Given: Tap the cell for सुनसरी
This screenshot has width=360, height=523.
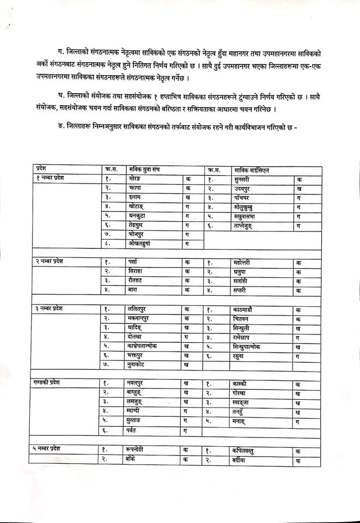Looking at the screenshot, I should point(243,179).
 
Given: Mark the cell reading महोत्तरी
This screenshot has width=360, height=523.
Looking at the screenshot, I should point(243,263).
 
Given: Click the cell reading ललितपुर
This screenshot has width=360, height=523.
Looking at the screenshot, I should point(135,309).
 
